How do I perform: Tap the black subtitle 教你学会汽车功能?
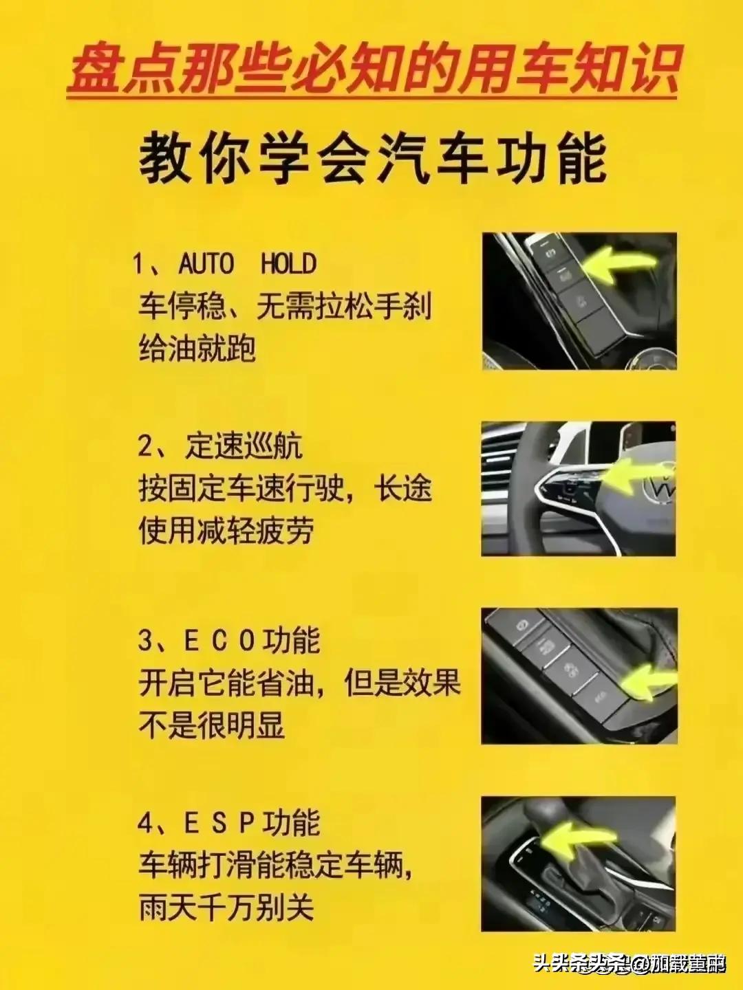[372, 159]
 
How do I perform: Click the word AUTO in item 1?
[206, 263]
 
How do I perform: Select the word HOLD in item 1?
[288, 263]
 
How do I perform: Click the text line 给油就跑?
[197, 348]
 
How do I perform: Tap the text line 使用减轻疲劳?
[226, 531]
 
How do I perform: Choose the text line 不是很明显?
[212, 725]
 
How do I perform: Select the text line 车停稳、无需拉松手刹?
[285, 306]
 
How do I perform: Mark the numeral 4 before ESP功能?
[146, 823]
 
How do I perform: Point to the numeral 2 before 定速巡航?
[146, 448]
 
